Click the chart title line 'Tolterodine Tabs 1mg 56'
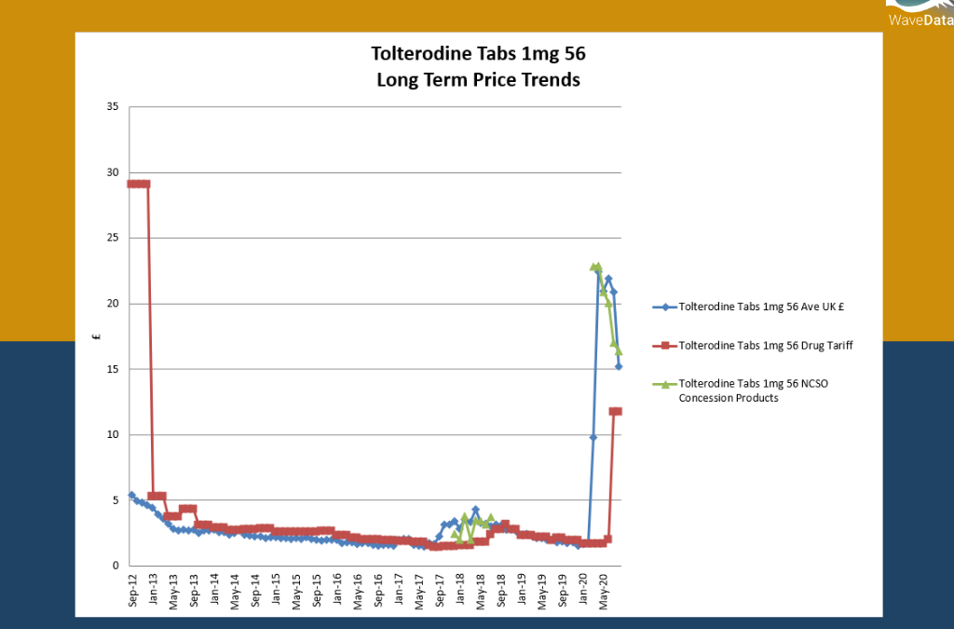(x=478, y=54)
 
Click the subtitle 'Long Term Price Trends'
(x=478, y=80)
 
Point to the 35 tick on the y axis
(x=112, y=107)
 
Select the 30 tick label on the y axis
(x=112, y=172)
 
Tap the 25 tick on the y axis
(x=112, y=238)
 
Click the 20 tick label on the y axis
(x=112, y=304)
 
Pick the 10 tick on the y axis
(x=112, y=434)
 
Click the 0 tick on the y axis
(x=115, y=566)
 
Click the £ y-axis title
(x=97, y=336)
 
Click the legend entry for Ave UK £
(x=753, y=306)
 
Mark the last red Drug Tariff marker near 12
(x=617, y=411)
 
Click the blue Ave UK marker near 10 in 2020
(x=593, y=437)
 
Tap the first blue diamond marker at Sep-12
(x=131, y=495)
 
